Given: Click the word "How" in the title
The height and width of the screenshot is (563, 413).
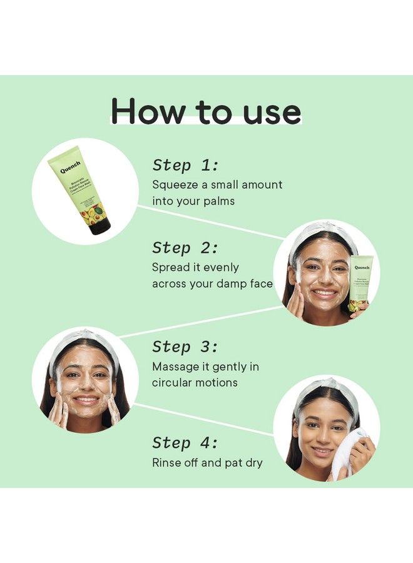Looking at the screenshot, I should click(x=145, y=111).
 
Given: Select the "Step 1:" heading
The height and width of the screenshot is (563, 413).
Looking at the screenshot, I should click(x=185, y=166).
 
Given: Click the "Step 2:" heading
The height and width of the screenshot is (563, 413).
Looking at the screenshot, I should click(x=185, y=248).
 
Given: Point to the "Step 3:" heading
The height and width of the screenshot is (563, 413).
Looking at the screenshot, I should click(x=185, y=347).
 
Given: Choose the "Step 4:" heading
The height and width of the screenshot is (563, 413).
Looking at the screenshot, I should click(x=185, y=444).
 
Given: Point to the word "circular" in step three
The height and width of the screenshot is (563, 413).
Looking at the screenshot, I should click(x=173, y=382).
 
